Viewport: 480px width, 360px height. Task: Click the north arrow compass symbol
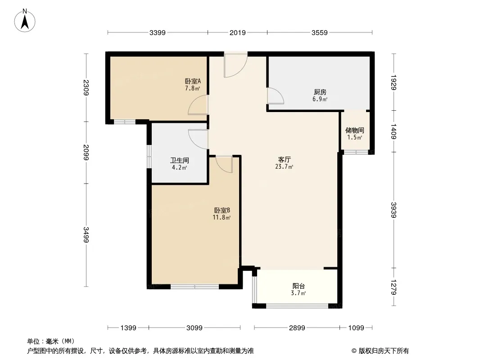click(25, 21)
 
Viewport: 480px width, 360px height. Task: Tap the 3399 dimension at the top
click(157, 33)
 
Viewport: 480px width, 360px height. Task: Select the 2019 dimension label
click(238, 33)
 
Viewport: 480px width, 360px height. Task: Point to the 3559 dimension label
click(320, 33)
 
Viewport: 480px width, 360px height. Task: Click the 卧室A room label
click(193, 81)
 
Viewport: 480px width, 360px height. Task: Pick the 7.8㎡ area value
click(192, 88)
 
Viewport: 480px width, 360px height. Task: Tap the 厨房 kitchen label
click(320, 92)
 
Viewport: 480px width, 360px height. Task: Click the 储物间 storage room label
click(354, 130)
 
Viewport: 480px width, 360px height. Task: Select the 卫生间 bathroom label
click(179, 160)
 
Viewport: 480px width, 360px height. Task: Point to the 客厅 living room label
click(285, 159)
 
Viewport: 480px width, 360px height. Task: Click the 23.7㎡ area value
click(284, 166)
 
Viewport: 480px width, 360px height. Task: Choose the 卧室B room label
click(222, 211)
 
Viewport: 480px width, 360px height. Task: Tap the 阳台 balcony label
click(299, 286)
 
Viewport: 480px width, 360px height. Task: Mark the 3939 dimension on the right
click(394, 210)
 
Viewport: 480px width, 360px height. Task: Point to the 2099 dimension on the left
click(86, 152)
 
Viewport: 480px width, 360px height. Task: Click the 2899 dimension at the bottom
click(297, 328)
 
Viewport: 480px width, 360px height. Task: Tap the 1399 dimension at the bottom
click(128, 328)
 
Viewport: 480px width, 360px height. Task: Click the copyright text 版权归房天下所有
click(383, 351)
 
